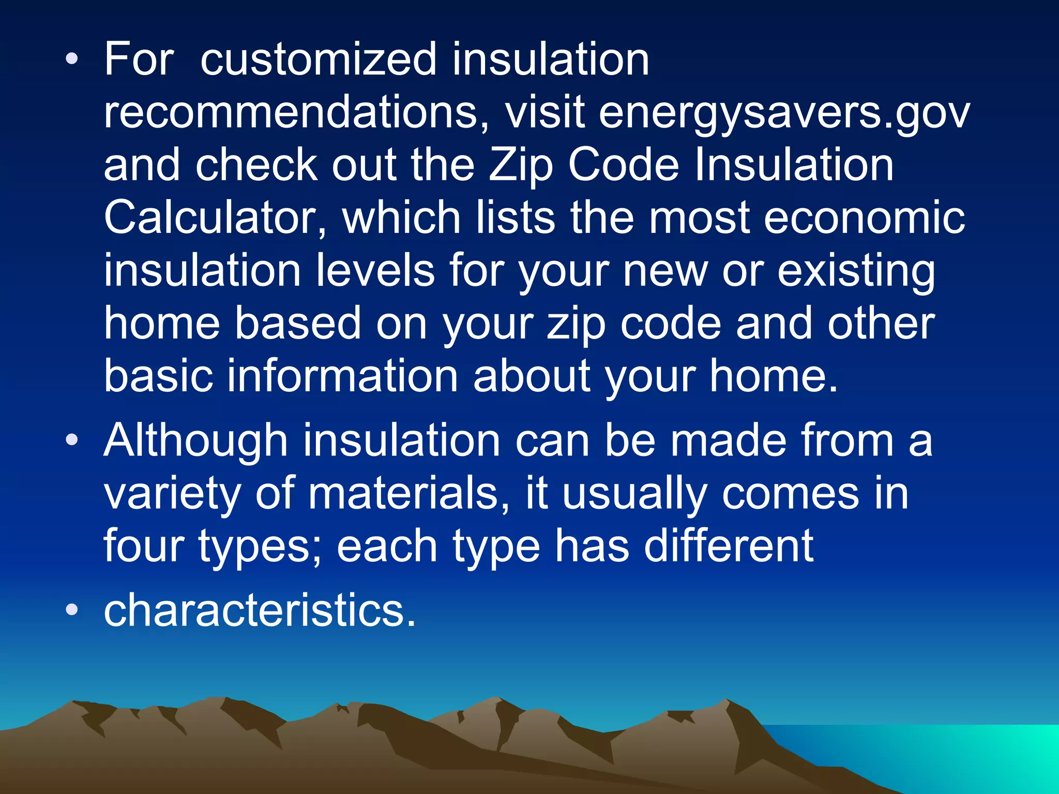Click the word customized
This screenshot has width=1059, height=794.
tap(319, 60)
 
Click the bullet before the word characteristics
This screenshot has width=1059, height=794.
tap(72, 610)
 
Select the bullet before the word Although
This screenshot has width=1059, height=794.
tap(72, 441)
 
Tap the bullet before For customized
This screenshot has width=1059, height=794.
tap(72, 60)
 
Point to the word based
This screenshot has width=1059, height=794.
tap(298, 324)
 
